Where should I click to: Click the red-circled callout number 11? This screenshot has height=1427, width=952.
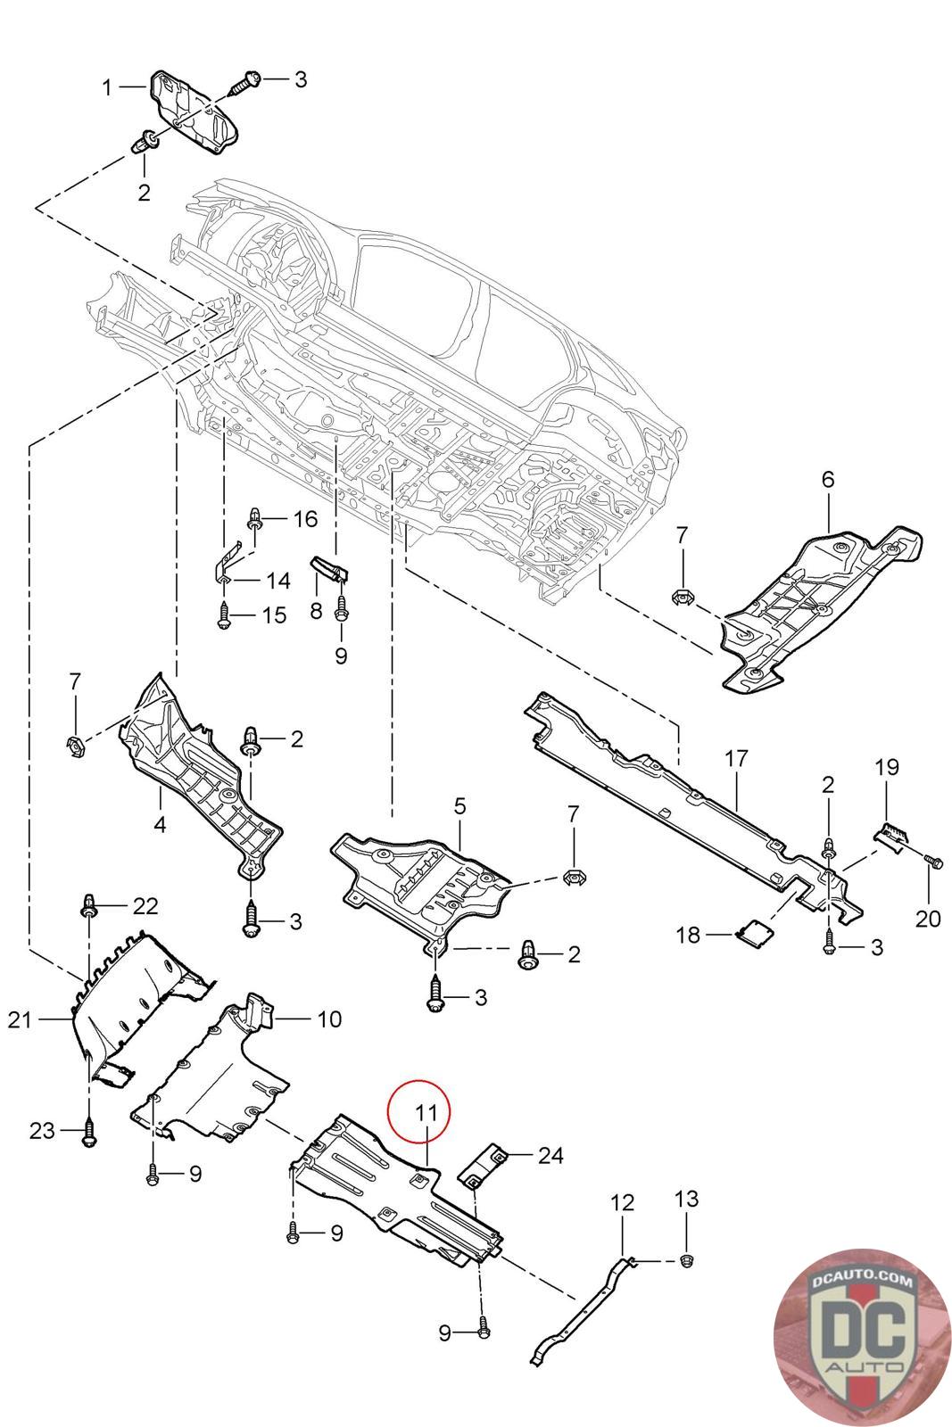(426, 1113)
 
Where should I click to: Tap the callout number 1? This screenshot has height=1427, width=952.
(107, 88)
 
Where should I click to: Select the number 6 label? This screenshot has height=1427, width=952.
(827, 480)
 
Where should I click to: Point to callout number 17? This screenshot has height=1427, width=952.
(735, 759)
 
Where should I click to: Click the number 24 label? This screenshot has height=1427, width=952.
(551, 1155)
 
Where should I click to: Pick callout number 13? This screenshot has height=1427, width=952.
(685, 1199)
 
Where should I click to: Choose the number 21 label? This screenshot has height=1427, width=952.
(19, 1019)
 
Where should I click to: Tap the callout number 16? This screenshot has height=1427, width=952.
(305, 519)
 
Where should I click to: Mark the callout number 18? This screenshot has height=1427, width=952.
(688, 935)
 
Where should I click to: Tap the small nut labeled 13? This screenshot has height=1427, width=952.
(685, 1260)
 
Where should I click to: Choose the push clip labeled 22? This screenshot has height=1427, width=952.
(88, 905)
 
